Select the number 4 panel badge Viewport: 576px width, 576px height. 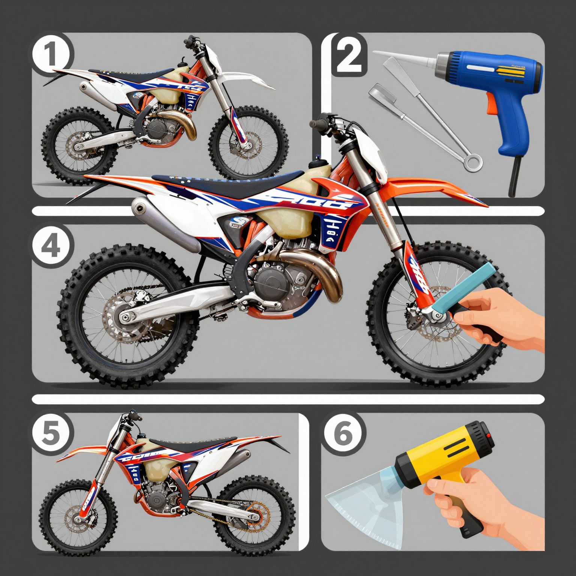coord(51,246)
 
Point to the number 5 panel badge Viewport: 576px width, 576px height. coord(50,433)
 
